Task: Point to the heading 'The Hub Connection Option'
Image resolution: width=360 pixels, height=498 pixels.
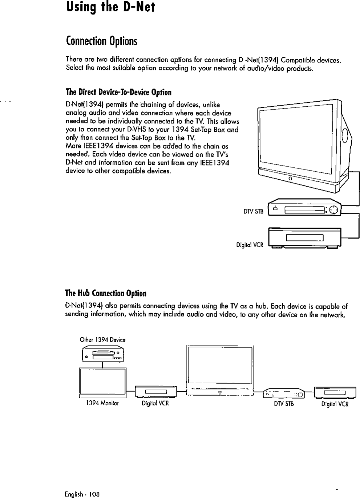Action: tap(106, 293)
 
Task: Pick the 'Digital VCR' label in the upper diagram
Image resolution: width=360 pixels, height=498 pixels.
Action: tap(250, 245)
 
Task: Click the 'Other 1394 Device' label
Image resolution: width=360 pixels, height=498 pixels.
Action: tap(102, 340)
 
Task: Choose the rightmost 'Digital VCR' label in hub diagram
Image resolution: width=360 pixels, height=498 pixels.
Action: tap(335, 404)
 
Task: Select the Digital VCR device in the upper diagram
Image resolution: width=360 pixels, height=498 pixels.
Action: tap(304, 238)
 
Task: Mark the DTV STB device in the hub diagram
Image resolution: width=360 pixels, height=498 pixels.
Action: tap(284, 393)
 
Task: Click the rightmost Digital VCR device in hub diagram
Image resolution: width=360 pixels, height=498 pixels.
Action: tap(335, 392)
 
